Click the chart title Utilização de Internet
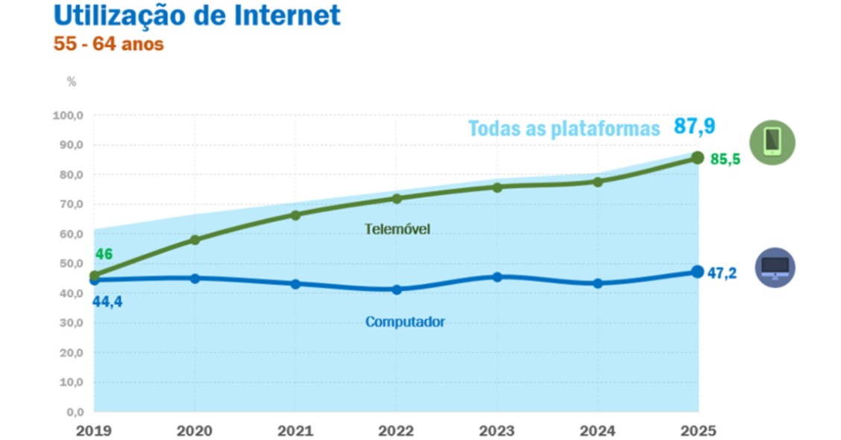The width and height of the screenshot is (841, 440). click(x=197, y=15)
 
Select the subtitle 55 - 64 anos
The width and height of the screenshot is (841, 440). click(x=109, y=45)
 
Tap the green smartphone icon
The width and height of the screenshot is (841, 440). click(x=772, y=141)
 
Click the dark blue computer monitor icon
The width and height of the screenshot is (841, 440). click(x=775, y=267)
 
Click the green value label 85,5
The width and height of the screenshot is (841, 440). click(x=724, y=159)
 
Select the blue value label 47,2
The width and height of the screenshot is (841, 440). click(x=721, y=273)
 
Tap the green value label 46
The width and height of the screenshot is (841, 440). click(x=104, y=254)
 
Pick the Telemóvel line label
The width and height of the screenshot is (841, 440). click(x=397, y=229)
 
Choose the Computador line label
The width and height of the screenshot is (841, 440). click(x=405, y=322)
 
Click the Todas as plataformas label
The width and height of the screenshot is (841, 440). click(x=564, y=129)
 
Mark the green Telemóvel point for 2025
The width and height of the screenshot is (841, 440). click(x=698, y=157)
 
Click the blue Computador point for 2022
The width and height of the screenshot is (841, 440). click(x=397, y=290)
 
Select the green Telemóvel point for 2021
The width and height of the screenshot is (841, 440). click(x=295, y=215)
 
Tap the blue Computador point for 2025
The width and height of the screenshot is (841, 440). click(x=698, y=272)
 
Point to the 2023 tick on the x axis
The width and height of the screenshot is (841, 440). click(x=497, y=430)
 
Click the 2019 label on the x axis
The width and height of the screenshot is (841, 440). click(x=94, y=430)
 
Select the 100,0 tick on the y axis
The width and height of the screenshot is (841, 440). click(x=68, y=115)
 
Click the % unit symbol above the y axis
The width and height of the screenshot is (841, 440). click(x=72, y=82)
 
